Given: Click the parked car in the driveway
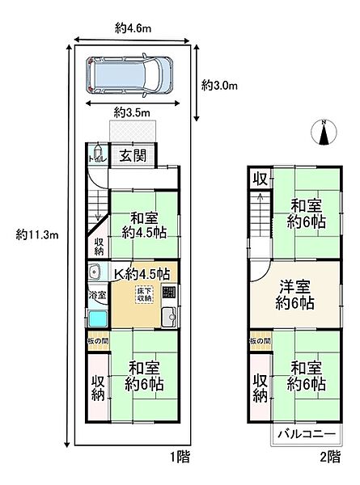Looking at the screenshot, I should pos(130,75).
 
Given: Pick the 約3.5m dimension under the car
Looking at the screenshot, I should pos(132,112).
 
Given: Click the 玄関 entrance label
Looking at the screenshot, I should pos(133,156).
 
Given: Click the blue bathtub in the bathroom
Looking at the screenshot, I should pos(97,319).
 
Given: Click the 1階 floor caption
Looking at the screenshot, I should pos(180,458).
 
